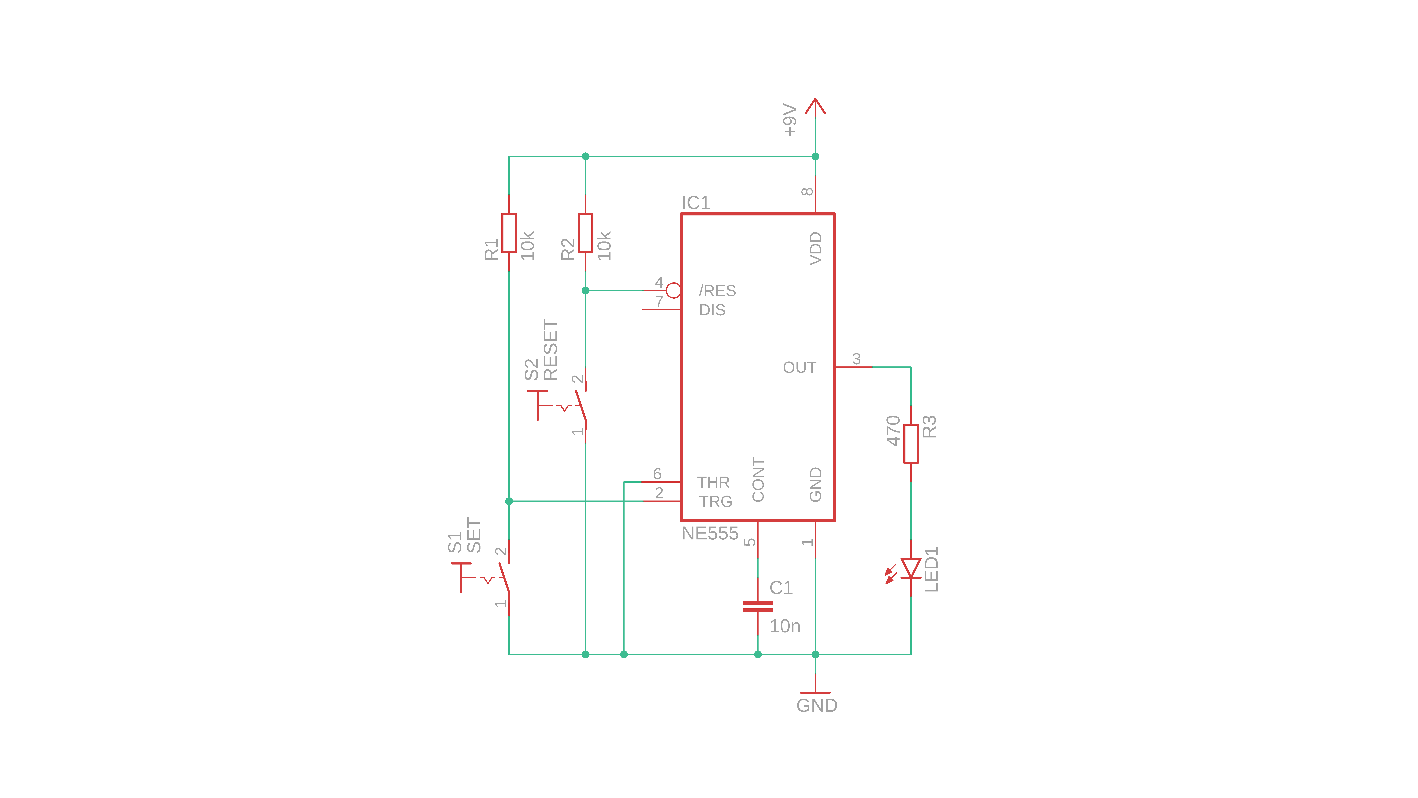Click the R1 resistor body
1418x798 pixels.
(509, 233)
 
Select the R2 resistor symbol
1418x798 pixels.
(585, 233)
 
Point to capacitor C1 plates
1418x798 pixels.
(758, 606)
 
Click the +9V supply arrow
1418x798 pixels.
(815, 106)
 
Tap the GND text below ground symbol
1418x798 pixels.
(817, 705)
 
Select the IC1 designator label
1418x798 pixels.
(696, 203)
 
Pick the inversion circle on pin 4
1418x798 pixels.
(673, 290)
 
